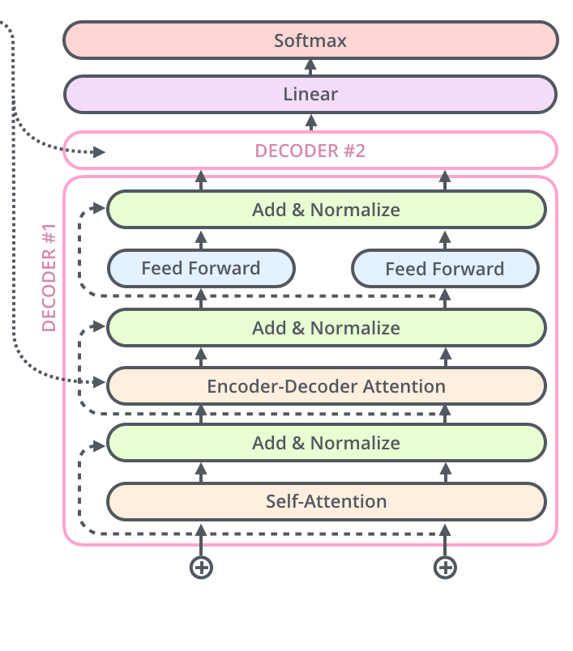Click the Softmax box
click(310, 40)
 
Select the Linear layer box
click(310, 94)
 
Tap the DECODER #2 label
click(310, 151)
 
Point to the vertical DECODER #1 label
click(49, 282)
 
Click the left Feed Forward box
click(201, 268)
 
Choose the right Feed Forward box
click(444, 269)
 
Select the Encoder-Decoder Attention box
click(326, 386)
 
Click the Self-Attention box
click(326, 501)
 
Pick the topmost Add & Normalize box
click(326, 210)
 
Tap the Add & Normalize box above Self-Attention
click(326, 443)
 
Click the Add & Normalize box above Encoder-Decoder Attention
click(326, 328)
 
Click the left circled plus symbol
click(201, 568)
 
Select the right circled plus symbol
click(444, 568)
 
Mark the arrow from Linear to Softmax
click(310, 67)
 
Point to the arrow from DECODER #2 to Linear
click(310, 122)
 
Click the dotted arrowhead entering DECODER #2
click(99, 151)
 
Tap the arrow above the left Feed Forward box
click(201, 239)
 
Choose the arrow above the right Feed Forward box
click(444, 239)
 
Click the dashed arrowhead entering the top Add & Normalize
click(100, 210)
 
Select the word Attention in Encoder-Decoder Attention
click(406, 386)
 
